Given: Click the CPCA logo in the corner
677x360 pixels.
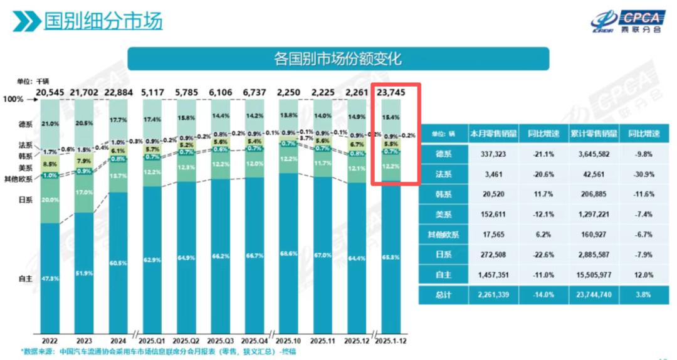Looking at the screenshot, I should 626,21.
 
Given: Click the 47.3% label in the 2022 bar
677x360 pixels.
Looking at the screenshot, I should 51,278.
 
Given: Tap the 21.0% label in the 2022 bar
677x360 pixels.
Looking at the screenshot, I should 51,124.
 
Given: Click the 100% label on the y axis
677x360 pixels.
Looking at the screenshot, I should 13,100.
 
